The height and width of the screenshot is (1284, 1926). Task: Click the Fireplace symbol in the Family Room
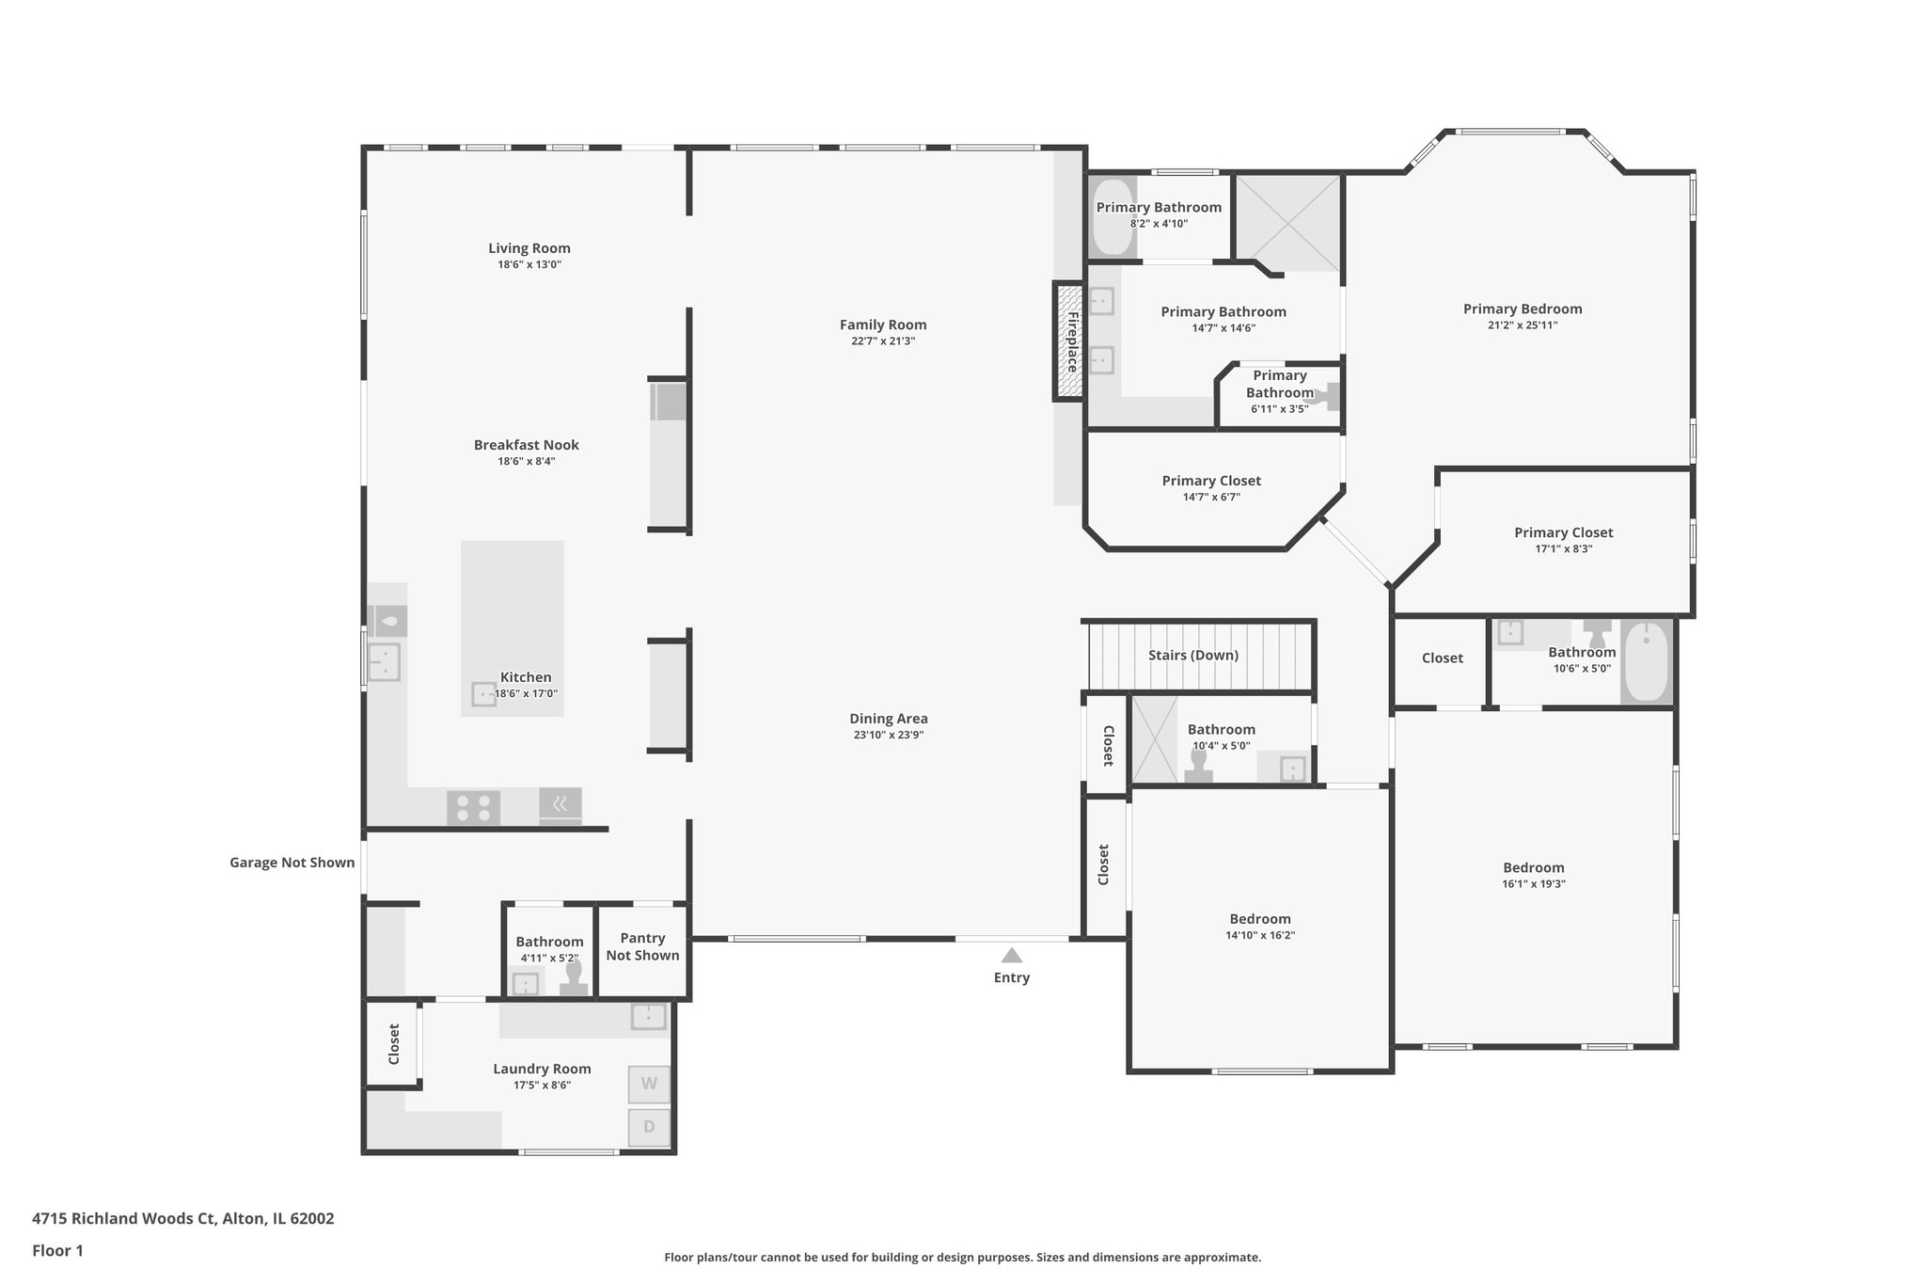[x=1069, y=342]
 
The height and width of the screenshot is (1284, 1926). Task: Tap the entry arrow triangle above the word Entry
[x=1011, y=956]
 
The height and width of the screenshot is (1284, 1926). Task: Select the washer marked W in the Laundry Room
[x=649, y=1084]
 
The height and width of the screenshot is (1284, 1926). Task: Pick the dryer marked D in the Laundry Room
[x=649, y=1127]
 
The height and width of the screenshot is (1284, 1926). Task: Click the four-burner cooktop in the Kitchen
[x=472, y=808]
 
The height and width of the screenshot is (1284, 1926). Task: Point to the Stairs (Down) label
[x=1192, y=656]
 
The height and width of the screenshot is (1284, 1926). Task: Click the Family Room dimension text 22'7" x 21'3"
[x=883, y=341]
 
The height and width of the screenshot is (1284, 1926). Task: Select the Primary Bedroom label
[x=1522, y=309]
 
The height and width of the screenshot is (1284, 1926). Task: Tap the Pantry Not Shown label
[x=642, y=946]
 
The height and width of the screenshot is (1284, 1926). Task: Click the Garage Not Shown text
[x=292, y=863]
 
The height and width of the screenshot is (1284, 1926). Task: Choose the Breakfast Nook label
[x=526, y=445]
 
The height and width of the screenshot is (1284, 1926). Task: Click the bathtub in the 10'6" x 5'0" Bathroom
[x=1646, y=661]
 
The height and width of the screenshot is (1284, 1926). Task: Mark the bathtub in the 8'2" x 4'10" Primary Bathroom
[x=1113, y=217]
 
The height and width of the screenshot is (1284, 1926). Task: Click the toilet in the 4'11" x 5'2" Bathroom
[x=573, y=979]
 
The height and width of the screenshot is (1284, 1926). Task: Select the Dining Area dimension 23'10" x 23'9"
[x=888, y=736]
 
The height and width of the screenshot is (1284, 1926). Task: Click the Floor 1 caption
[x=57, y=1251]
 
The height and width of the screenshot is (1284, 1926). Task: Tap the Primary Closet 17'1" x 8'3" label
[x=1563, y=532]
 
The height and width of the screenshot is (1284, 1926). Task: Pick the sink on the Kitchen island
[x=483, y=694]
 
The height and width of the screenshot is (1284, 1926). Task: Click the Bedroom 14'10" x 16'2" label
[x=1259, y=919]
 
